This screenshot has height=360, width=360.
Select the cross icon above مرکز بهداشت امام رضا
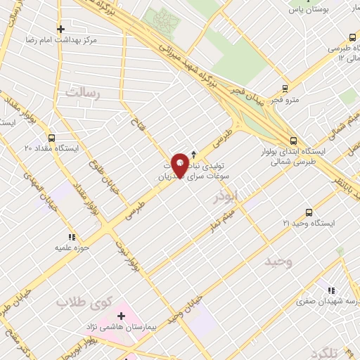pyautogui.click(x=61, y=30)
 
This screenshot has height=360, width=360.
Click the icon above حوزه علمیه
pyautogui.click(x=71, y=238)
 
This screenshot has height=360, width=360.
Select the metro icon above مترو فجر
pyautogui.click(x=285, y=89)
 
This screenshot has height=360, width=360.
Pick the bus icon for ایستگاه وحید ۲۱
pyautogui.click(x=309, y=212)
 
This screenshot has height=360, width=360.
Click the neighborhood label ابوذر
pyautogui.click(x=226, y=195)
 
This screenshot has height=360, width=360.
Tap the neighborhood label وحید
pyautogui.click(x=278, y=262)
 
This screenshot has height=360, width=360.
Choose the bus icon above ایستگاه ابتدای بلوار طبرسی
pyautogui.click(x=293, y=139)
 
